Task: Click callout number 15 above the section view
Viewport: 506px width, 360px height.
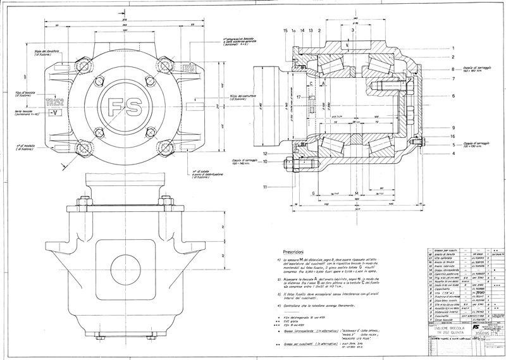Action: click(x=285, y=30)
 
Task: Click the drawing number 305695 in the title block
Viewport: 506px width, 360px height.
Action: click(x=472, y=335)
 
